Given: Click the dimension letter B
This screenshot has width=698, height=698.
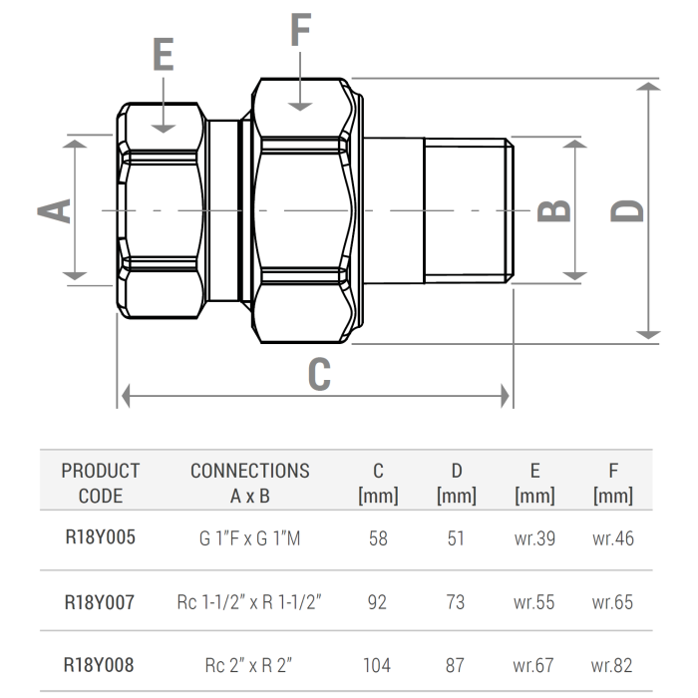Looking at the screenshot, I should pos(554,209).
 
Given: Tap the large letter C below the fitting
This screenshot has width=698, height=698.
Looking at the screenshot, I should pos(318,374).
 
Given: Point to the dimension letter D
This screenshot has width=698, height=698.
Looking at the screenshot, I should pos(626,210).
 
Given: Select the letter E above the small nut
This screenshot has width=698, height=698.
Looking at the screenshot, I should pos(164,55).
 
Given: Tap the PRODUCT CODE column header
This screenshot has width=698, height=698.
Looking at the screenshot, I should pos(100,483).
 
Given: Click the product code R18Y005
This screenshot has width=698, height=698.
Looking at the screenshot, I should pos(100,538).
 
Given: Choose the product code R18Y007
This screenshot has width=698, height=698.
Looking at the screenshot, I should pos(100,602).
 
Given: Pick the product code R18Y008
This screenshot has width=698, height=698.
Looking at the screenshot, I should pos(100,665).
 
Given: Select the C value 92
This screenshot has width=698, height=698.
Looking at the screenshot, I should pos(377,602).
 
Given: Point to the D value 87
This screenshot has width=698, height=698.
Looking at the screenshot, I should pos(456,665).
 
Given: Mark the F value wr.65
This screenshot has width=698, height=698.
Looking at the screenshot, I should pos(612,602).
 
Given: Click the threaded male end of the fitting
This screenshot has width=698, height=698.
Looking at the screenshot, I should pos(467,210).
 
